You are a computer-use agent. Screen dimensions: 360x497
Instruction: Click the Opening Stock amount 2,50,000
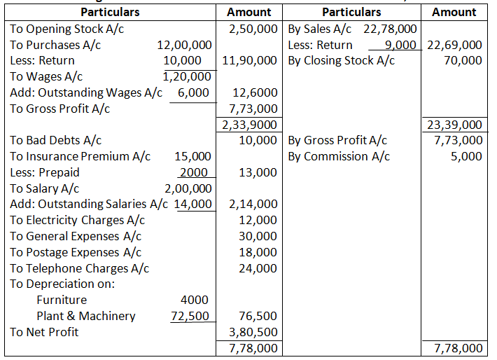[x=253, y=29]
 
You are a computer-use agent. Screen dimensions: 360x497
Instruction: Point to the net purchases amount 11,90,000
[x=249, y=61]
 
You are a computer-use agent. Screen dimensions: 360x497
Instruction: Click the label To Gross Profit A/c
[x=59, y=109]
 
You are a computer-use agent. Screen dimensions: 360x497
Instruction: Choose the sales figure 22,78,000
[x=391, y=29]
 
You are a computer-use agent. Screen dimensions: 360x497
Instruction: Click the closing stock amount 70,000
[x=463, y=61]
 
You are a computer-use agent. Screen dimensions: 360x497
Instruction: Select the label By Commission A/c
[x=339, y=156]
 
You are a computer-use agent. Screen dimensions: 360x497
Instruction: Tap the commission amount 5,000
[x=466, y=156]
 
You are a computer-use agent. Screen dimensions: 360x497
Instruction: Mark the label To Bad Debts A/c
[x=55, y=140]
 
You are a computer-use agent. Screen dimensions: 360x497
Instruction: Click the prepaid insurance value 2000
[x=193, y=172]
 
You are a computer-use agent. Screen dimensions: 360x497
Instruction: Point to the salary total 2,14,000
[x=253, y=204]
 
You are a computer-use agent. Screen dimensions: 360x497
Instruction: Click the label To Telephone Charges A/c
[x=79, y=268]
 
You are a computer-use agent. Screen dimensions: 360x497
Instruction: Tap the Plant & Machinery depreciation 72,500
[x=190, y=316]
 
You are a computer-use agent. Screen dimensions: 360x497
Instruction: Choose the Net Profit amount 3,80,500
[x=253, y=332]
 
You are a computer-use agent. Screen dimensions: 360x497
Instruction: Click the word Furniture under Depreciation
[x=62, y=300]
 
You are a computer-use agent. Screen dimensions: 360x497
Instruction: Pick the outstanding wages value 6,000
[x=193, y=92]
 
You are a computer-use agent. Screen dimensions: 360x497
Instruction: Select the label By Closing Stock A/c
[x=342, y=61]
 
